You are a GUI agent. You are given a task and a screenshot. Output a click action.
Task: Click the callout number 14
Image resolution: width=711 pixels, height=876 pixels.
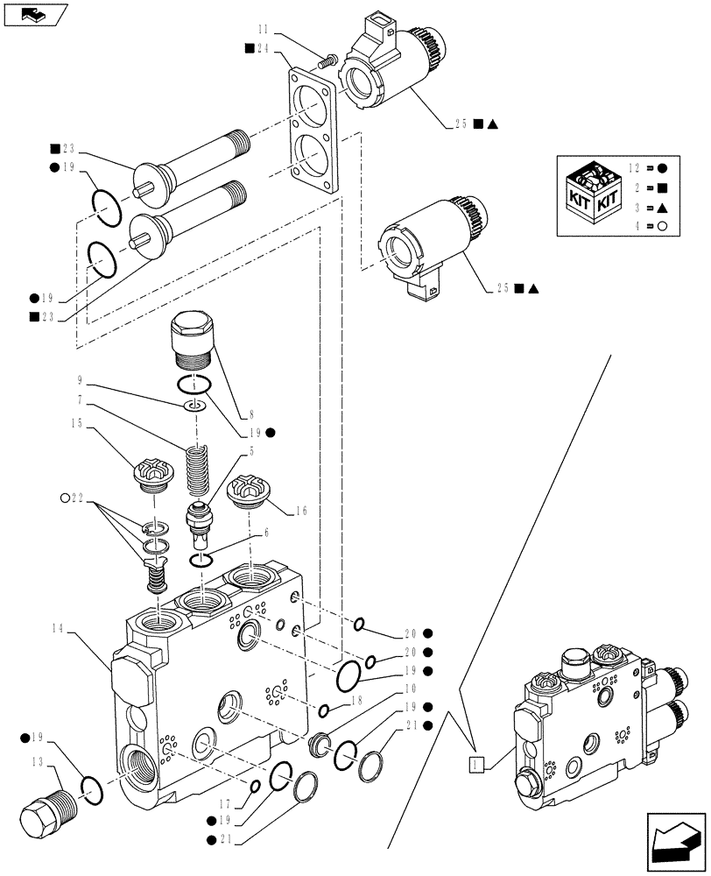click(x=59, y=628)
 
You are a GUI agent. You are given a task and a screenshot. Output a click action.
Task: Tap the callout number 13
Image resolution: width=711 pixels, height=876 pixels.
click(x=38, y=761)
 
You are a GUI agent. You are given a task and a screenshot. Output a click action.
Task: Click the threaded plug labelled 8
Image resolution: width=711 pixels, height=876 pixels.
click(x=192, y=339)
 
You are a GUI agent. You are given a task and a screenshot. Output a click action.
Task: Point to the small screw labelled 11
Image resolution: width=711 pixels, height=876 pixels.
click(x=329, y=61)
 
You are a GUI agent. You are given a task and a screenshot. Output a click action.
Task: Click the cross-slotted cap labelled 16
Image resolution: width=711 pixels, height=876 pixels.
click(x=246, y=492)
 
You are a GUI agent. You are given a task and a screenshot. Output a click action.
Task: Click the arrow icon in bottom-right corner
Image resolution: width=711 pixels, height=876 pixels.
click(x=673, y=840)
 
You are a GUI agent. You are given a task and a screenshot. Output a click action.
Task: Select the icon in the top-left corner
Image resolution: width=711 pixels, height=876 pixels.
click(x=35, y=14)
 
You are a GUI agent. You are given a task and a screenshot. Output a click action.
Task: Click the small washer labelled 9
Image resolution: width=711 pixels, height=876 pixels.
click(x=196, y=406)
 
